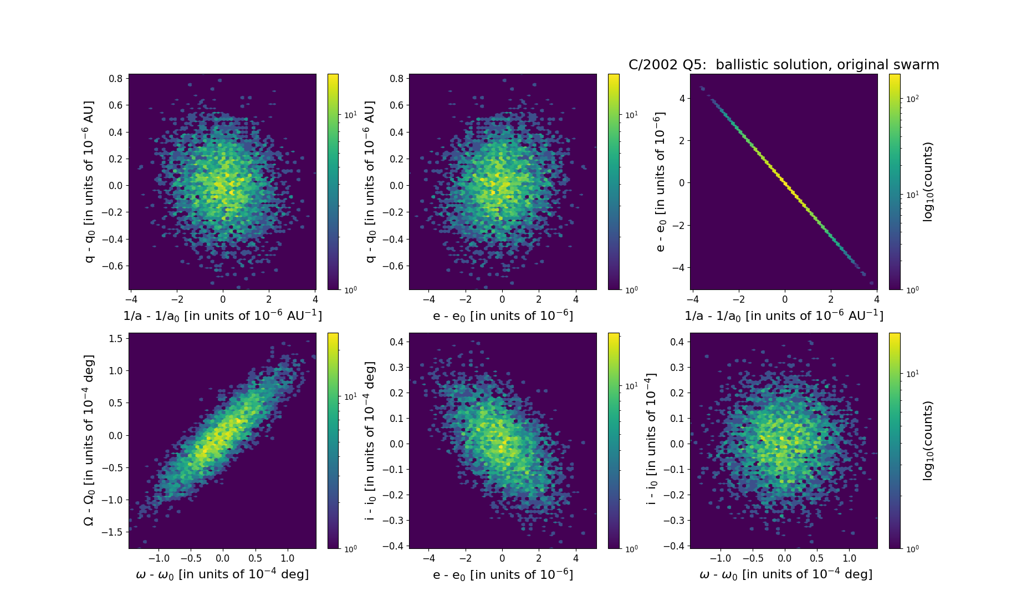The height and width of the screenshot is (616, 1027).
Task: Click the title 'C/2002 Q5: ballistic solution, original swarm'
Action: (x=783, y=65)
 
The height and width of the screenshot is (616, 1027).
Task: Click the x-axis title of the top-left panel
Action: (x=222, y=315)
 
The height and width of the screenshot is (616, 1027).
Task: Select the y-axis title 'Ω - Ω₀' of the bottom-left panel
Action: (x=89, y=440)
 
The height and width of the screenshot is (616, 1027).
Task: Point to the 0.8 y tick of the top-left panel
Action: (x=115, y=79)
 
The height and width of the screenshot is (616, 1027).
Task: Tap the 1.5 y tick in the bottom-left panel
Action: (x=115, y=339)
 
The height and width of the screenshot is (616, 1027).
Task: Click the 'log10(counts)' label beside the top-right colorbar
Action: (x=928, y=182)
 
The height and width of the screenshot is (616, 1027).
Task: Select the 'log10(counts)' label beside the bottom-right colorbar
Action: (x=928, y=441)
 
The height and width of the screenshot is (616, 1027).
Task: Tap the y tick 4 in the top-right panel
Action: (x=682, y=99)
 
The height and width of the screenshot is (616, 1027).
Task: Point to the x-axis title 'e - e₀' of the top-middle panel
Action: (x=503, y=315)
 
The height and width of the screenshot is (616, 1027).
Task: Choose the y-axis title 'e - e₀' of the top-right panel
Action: (x=660, y=182)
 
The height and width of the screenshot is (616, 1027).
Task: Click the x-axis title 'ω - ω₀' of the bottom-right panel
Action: (x=785, y=574)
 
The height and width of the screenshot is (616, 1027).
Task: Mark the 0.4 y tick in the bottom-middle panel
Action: (x=396, y=342)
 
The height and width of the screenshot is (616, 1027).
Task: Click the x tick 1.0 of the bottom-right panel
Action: (x=849, y=558)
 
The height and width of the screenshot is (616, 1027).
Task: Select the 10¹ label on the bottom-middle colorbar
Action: (x=631, y=386)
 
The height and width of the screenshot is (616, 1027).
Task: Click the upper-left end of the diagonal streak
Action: (x=702, y=88)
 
